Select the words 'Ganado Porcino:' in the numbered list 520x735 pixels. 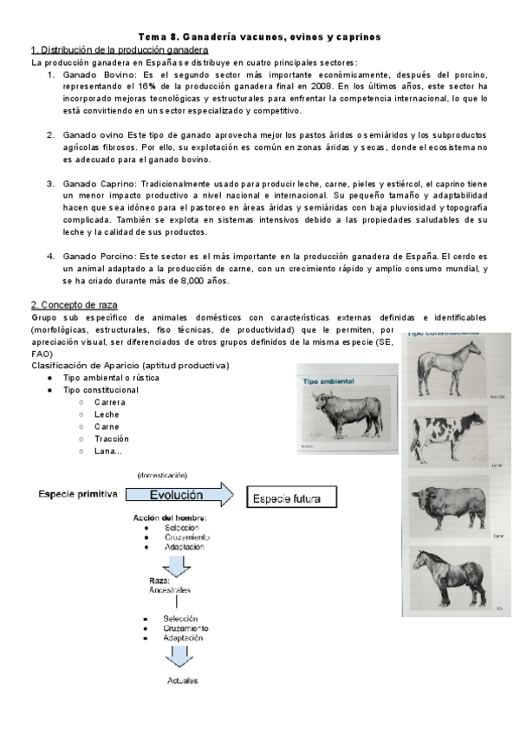(98, 257)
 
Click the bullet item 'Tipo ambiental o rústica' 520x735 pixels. (111, 378)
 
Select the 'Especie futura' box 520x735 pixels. (285, 499)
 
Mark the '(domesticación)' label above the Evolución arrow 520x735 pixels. (162, 475)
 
